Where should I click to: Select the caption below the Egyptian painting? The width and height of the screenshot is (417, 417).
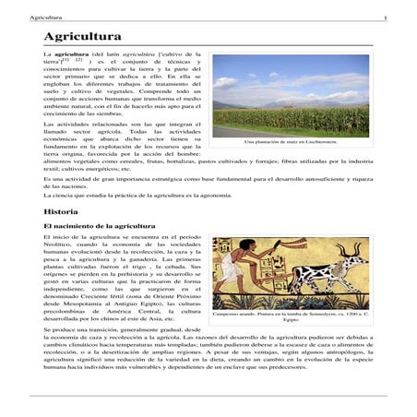coord(291,316)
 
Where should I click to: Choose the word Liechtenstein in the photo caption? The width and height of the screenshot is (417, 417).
coord(332,142)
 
